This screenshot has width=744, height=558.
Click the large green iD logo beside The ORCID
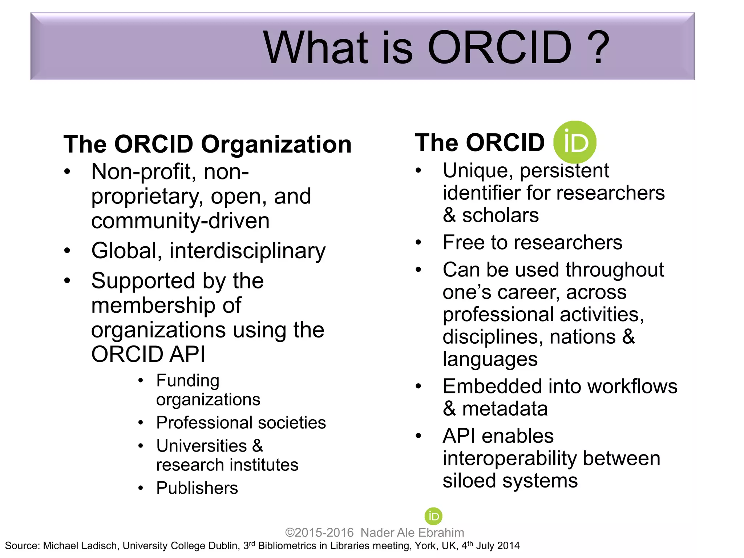575,142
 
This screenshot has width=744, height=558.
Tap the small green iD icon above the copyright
433,516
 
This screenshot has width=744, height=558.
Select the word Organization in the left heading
276,144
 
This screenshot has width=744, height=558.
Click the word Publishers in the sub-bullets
197,488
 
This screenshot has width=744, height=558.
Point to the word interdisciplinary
247,251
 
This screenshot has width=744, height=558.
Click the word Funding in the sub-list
188,381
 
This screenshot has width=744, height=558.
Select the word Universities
201,446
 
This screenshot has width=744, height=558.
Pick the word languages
490,360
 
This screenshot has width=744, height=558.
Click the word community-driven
180,221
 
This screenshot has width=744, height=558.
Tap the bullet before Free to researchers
418,242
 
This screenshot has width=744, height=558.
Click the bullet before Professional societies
141,422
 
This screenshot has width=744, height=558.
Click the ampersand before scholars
449,215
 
